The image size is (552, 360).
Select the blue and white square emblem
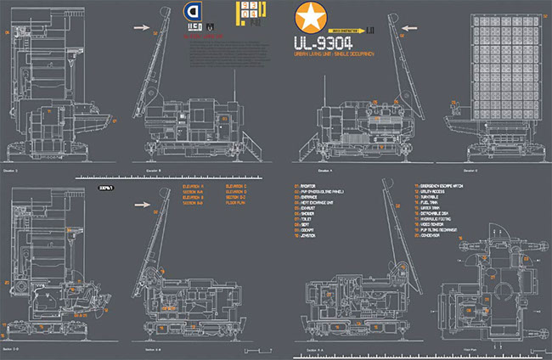pyautogui.click(x=192, y=14)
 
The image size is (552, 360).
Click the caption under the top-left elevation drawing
pyautogui.click(x=12, y=170)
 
